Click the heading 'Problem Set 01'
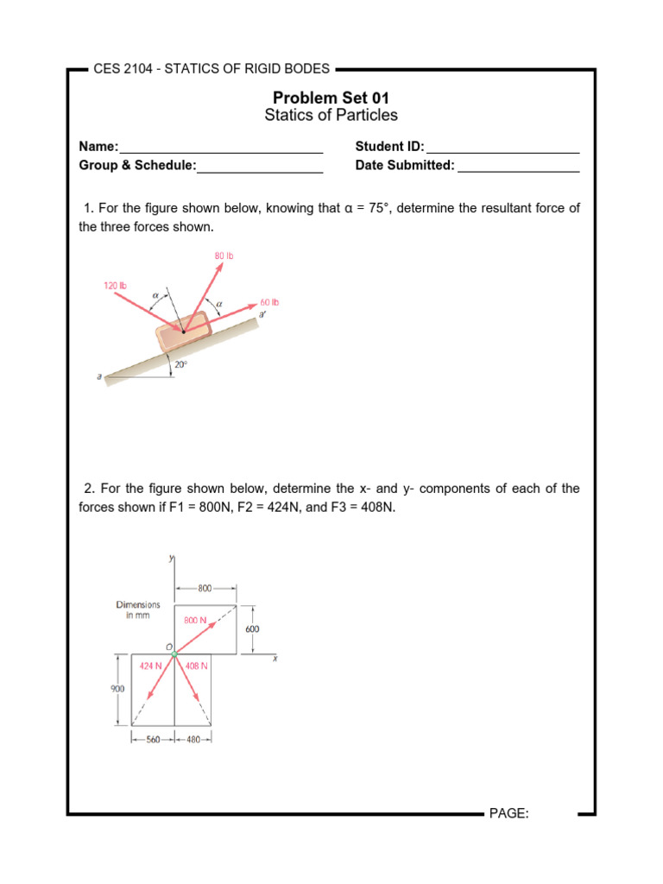(331, 98)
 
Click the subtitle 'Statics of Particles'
(331, 116)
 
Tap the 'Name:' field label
(98, 147)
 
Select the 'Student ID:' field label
(389, 147)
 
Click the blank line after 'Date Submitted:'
(518, 167)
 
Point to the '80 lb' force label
(224, 256)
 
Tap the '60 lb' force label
(269, 303)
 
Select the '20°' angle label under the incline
(180, 365)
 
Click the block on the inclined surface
(182, 331)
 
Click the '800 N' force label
(194, 620)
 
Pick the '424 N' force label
(151, 666)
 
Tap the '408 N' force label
(197, 666)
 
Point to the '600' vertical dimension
(252, 629)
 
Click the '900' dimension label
(117, 689)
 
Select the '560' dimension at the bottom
(153, 740)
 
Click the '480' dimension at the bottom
(193, 740)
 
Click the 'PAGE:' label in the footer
(508, 814)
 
